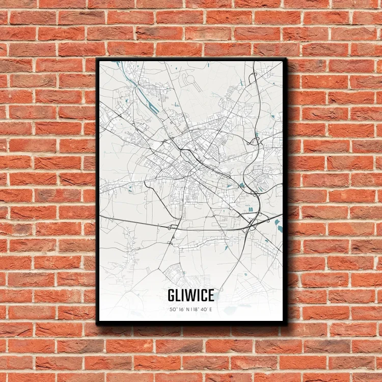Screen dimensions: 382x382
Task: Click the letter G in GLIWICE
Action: coord(171,295)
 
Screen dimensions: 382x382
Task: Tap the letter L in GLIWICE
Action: coord(179,295)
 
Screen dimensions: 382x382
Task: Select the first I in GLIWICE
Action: coord(184,295)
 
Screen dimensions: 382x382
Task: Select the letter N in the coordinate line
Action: coord(186,309)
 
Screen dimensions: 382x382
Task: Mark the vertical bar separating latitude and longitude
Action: coord(190,309)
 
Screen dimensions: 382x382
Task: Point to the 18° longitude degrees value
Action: coord(195,309)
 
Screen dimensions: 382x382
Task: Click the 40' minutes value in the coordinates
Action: coord(204,309)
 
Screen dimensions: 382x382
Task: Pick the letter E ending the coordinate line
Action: coord(211,309)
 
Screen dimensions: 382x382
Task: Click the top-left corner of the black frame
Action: coord(97,59)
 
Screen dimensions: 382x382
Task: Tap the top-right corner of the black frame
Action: coord(286,59)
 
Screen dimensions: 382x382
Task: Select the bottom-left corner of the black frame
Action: coord(97,324)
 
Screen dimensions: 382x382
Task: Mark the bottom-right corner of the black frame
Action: coord(286,324)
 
